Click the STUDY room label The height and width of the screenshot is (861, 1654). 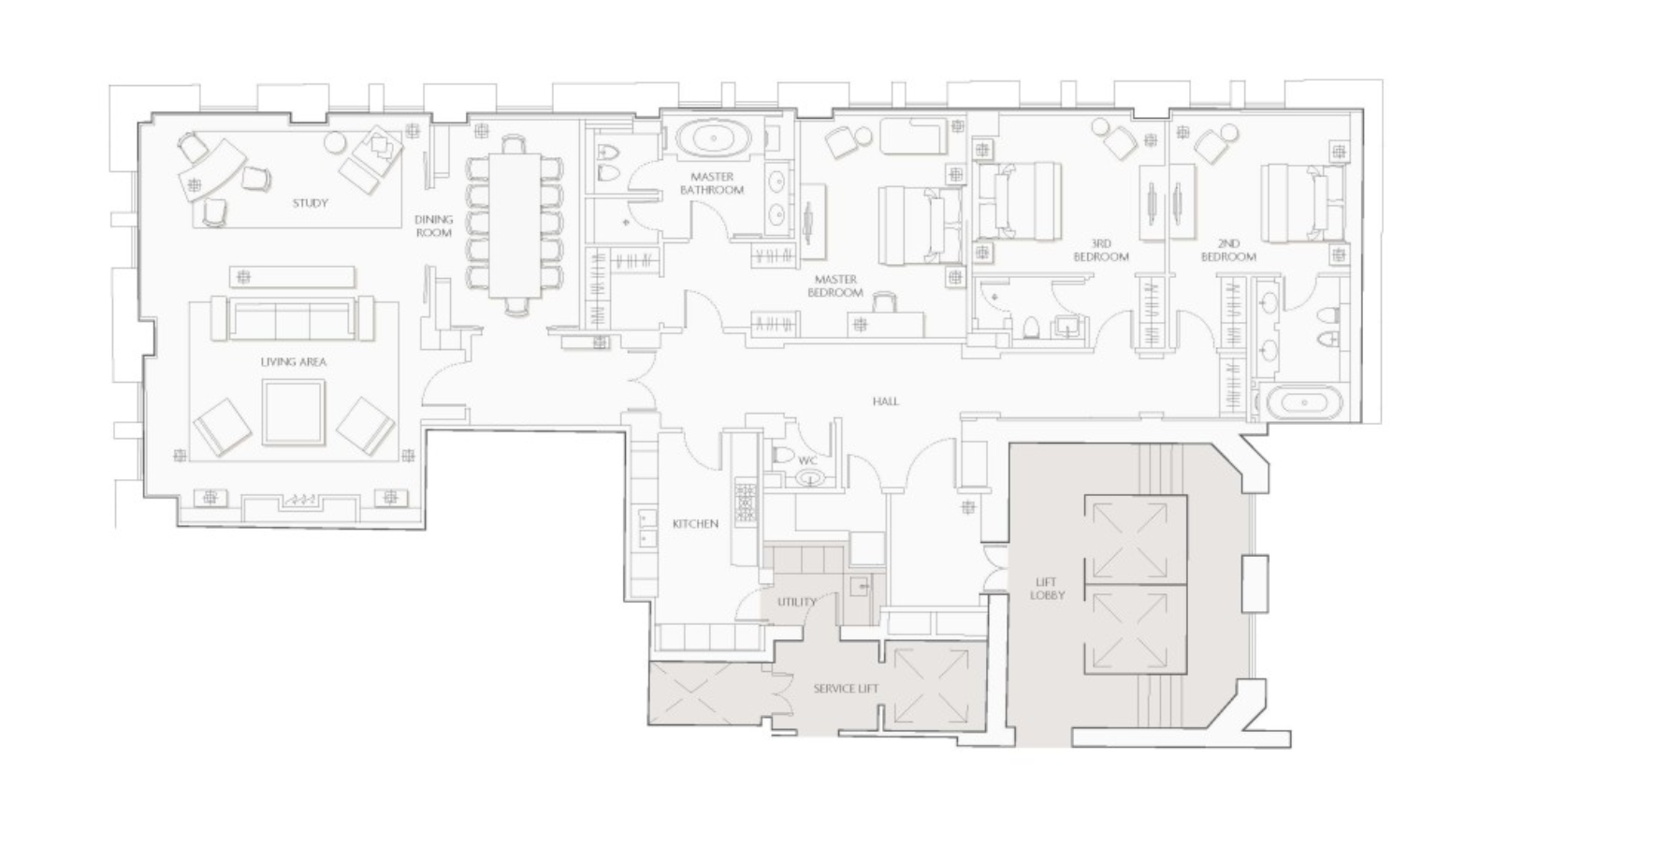coord(310,203)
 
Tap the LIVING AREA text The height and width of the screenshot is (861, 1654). coord(293,361)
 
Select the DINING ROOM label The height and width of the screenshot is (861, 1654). coord(433,226)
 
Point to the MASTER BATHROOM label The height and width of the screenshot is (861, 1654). coord(712,183)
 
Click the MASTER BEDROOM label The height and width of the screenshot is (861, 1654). coord(835,285)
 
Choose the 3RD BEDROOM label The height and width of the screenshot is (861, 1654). coord(1100,250)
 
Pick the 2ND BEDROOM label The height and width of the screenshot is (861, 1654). coord(1228,250)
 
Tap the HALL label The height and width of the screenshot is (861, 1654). coord(885,401)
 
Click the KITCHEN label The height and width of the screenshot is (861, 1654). coord(695,524)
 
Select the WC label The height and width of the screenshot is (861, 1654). coord(807,460)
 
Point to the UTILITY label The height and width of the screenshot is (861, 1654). coord(796,602)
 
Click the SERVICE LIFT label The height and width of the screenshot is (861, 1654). coord(846,689)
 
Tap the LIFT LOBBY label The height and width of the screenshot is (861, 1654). coord(1046,589)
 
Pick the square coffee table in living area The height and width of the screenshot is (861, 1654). coord(294,412)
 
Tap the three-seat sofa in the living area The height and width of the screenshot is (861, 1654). coord(292,319)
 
